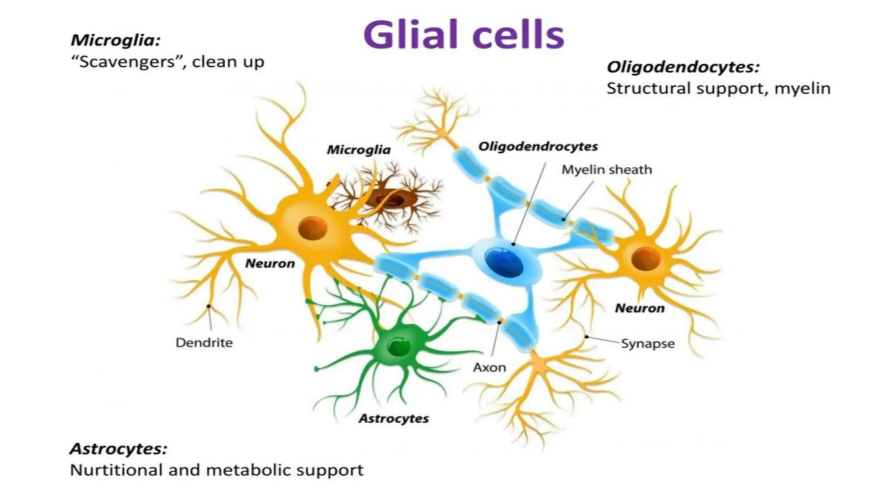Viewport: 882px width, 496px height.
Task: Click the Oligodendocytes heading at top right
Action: [x=683, y=67]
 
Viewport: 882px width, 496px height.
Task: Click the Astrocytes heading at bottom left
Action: [x=118, y=449]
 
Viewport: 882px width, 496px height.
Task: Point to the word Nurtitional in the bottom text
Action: [x=115, y=470]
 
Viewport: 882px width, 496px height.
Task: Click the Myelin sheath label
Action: [x=606, y=170]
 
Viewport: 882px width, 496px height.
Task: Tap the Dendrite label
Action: [x=204, y=343]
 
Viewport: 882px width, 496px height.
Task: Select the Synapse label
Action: [x=647, y=344]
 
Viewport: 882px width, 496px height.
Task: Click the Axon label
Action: [x=489, y=367]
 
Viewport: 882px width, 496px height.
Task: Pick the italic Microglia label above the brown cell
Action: [x=358, y=150]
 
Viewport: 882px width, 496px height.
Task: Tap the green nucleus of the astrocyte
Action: [x=398, y=346]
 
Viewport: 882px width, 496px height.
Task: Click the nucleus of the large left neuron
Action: [x=312, y=228]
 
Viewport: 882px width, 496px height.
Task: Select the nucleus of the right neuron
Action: [x=646, y=259]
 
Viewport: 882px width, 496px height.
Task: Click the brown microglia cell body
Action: [x=390, y=199]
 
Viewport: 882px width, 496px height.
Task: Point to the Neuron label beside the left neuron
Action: [x=270, y=263]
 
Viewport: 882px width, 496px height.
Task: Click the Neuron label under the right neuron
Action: [x=640, y=308]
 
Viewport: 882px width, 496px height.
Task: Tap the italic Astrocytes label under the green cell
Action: [x=394, y=418]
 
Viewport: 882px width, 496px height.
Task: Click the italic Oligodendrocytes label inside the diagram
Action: [x=538, y=146]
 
